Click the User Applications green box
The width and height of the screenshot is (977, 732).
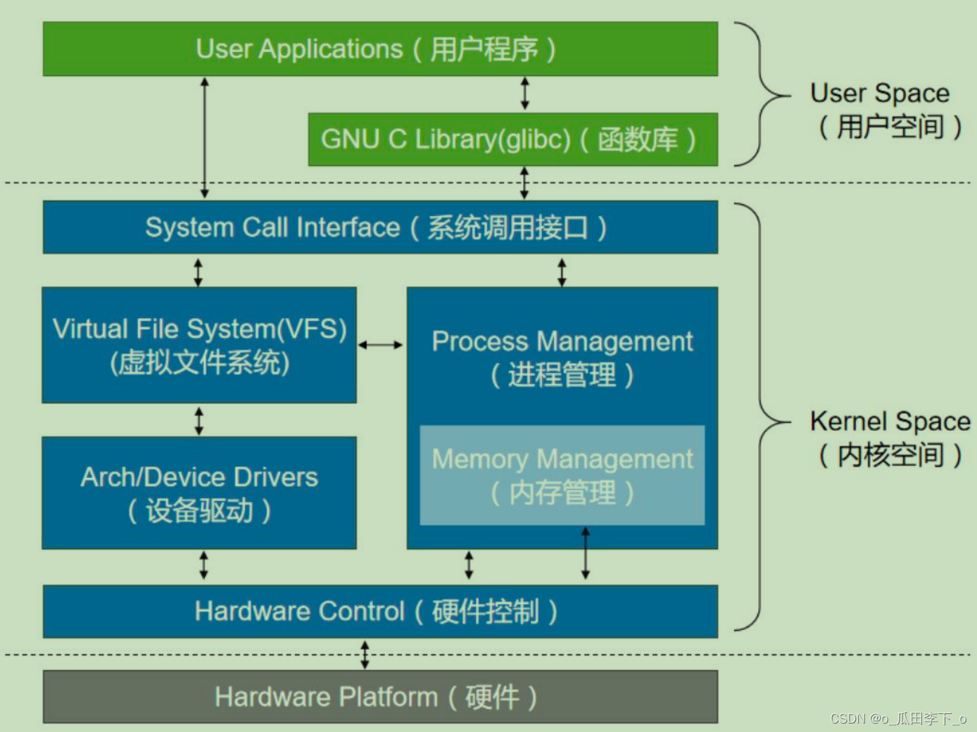coord(380,49)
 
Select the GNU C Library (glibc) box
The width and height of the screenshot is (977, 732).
coord(512,140)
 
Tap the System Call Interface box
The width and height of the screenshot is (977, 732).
coord(380,227)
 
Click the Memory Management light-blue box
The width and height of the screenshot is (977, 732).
coord(562,475)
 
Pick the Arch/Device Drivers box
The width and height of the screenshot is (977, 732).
coord(199,493)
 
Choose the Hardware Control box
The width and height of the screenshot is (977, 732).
coord(380,612)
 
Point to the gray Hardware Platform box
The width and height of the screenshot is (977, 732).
coord(380,697)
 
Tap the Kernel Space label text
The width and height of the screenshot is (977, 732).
coord(890,438)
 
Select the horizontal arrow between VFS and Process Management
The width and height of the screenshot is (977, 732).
coord(380,345)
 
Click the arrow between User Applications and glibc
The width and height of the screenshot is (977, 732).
coord(525,94)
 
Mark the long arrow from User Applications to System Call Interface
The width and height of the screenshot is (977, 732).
coord(204,138)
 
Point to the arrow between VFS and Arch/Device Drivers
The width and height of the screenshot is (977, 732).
coord(199,421)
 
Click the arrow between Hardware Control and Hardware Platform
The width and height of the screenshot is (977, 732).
coord(365,655)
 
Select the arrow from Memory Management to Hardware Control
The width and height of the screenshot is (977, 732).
coord(586,553)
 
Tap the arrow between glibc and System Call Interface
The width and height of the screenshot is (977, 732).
coord(524,183)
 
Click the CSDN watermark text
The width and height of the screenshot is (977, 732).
coord(897,719)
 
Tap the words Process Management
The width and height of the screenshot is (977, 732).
coord(562,342)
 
